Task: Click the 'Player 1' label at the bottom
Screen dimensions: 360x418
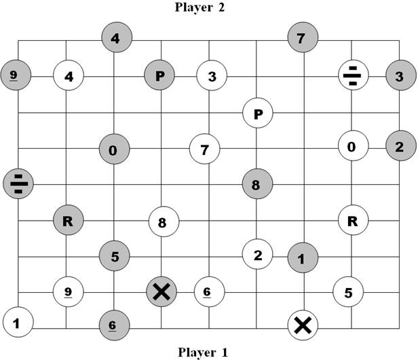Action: coord(203,352)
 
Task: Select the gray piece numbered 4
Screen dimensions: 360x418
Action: coord(115,38)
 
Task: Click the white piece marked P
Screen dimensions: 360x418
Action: coord(258,113)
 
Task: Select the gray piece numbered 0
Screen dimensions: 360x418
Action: coord(113,149)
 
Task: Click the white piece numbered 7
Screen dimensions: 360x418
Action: coord(204,148)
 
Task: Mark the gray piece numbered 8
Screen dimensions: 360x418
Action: coord(256,183)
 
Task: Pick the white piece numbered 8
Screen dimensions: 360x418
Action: coord(163,221)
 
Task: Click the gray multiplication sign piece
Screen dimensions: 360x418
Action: coord(161,291)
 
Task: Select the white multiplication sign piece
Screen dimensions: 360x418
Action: coord(303,325)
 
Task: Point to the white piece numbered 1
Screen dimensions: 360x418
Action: coord(17,322)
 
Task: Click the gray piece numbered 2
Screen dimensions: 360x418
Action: coord(400,146)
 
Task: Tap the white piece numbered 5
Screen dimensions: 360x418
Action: coord(348,293)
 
